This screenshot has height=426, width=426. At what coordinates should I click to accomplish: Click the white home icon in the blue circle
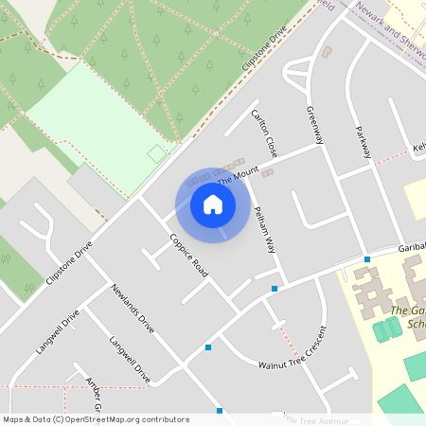[x=213, y=204]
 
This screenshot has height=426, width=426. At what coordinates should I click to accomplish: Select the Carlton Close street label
[x=264, y=133]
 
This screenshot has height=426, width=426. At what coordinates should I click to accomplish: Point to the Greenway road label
[x=315, y=124]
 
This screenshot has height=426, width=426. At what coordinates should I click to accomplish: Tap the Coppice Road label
[x=188, y=255]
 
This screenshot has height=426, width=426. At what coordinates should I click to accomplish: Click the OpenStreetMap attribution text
[x=96, y=419]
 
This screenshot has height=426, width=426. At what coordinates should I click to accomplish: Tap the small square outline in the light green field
[x=156, y=152]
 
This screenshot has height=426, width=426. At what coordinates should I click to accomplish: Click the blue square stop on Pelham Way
[x=275, y=288]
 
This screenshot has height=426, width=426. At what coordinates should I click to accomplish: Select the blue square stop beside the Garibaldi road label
[x=367, y=259]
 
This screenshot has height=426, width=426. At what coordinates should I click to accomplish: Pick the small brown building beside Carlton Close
[x=268, y=173]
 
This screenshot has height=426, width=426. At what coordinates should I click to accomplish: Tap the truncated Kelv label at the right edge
[x=419, y=148]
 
